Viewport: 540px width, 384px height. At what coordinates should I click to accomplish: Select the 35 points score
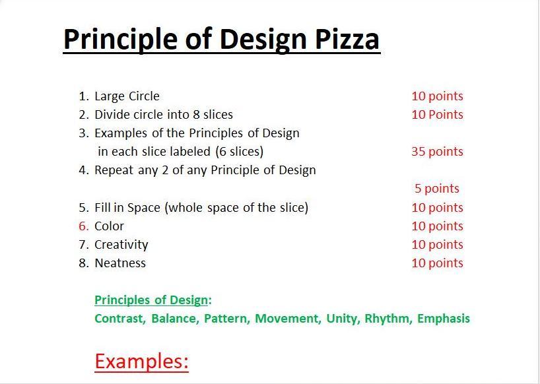pyautogui.click(x=437, y=151)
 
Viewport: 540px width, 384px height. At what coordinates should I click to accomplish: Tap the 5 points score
pyautogui.click(x=436, y=189)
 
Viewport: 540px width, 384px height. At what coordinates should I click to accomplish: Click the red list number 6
pyautogui.click(x=84, y=226)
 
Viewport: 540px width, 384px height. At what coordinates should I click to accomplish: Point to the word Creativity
pyautogui.click(x=121, y=245)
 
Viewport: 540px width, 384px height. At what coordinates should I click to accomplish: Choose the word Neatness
pyautogui.click(x=120, y=263)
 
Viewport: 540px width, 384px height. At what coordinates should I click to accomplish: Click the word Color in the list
pyautogui.click(x=109, y=226)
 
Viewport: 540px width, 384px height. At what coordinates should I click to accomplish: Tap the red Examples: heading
pyautogui.click(x=141, y=362)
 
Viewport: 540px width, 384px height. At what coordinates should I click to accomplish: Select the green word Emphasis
pyautogui.click(x=443, y=319)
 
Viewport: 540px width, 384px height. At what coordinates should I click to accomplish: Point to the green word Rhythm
pyautogui.click(x=388, y=319)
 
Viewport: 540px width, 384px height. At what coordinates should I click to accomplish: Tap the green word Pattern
pyautogui.click(x=227, y=318)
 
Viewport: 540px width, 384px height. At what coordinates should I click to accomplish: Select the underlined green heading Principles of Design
pyautogui.click(x=151, y=300)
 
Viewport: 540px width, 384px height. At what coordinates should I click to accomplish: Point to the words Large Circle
pyautogui.click(x=127, y=96)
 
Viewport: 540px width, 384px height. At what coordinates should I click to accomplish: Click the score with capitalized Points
pyautogui.click(x=437, y=115)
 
